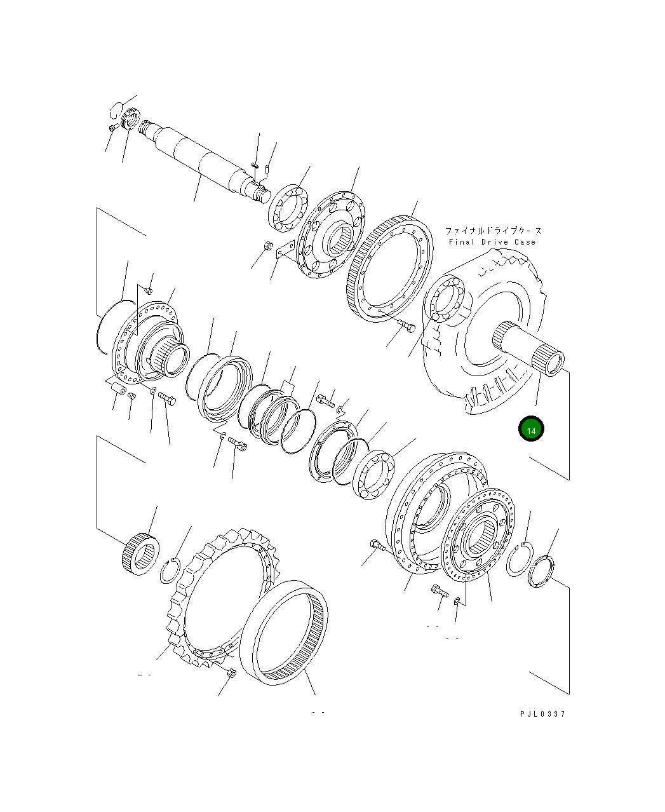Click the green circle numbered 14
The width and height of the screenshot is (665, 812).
531,428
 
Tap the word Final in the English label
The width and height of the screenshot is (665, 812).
462,242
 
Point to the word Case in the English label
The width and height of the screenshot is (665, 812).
525,242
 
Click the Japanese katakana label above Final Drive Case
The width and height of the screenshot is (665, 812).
493,231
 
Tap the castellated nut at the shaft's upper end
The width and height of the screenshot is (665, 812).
130,119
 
